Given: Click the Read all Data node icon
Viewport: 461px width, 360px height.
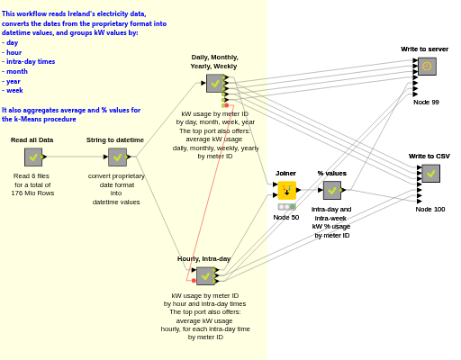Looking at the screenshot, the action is (x=33, y=157).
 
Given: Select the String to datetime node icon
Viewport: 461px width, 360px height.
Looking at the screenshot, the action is (x=117, y=157).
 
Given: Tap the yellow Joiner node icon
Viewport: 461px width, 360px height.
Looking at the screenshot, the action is (x=287, y=190).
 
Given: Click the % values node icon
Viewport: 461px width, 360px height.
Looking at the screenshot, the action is (x=332, y=190).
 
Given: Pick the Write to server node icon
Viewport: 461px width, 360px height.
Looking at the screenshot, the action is (x=427, y=67).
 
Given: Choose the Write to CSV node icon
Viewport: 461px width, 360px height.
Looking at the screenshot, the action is (x=431, y=174).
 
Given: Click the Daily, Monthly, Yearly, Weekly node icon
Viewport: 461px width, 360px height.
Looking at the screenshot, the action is (x=215, y=84).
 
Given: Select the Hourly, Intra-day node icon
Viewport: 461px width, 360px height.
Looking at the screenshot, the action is (x=205, y=276).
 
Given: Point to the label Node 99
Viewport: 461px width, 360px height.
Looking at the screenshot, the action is (x=426, y=103).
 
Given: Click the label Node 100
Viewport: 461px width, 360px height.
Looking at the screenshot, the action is (x=430, y=210).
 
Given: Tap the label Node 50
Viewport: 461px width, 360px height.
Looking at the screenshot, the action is (x=286, y=218).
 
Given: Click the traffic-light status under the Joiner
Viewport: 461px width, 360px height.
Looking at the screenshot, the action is (x=287, y=207).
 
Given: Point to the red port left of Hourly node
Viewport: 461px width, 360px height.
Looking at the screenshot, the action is (x=194, y=281).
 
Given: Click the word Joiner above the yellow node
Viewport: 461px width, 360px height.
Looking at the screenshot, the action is (x=285, y=174).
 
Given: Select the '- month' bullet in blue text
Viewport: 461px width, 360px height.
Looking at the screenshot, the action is (x=14, y=71).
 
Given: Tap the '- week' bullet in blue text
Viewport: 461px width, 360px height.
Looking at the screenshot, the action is (x=13, y=90).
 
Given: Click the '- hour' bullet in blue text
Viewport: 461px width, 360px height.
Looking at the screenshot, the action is (x=12, y=52).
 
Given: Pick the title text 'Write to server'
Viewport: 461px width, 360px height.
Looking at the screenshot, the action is (x=424, y=49).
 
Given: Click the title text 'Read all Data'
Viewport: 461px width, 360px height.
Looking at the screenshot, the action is (x=32, y=140).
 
